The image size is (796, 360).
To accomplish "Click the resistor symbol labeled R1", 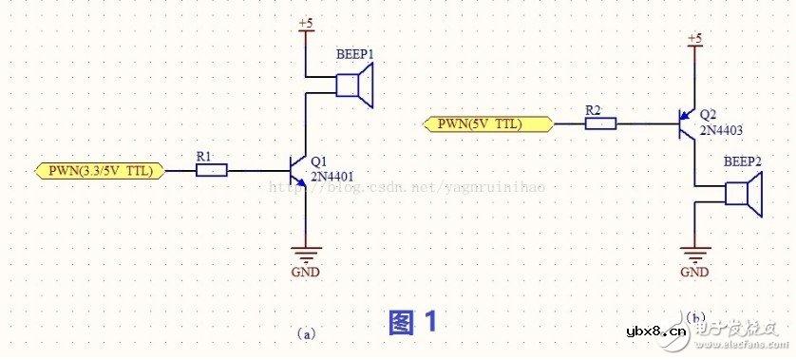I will point(212,170).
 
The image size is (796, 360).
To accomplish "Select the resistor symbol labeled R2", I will point(600,123).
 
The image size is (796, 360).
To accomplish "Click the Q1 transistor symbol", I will point(298,171).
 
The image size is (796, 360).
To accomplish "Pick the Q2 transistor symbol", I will point(687,123).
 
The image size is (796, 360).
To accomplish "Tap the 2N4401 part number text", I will point(334,175).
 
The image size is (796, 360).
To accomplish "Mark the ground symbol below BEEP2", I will point(694,254).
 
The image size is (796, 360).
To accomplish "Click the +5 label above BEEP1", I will point(304,21).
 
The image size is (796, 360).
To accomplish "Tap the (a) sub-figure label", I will point(305,333).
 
